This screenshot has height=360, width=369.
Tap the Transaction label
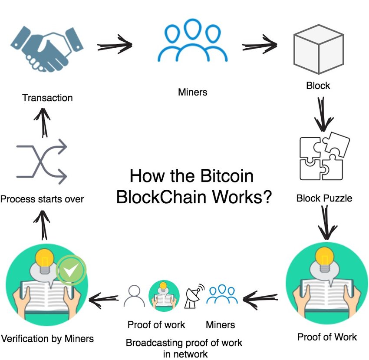tap(47, 98)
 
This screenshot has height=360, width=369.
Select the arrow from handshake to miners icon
tap(115, 45)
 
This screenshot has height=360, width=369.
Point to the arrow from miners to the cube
tap(260, 45)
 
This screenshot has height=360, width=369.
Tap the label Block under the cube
tap(318, 86)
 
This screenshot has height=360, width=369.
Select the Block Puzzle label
tap(324, 199)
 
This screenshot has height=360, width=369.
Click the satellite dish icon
tap(194, 296)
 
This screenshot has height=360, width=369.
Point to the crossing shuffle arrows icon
tap(42, 162)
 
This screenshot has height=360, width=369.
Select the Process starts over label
tap(42, 199)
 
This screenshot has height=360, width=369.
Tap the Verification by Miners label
tap(47, 338)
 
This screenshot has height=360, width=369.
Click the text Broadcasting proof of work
tap(184, 343)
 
